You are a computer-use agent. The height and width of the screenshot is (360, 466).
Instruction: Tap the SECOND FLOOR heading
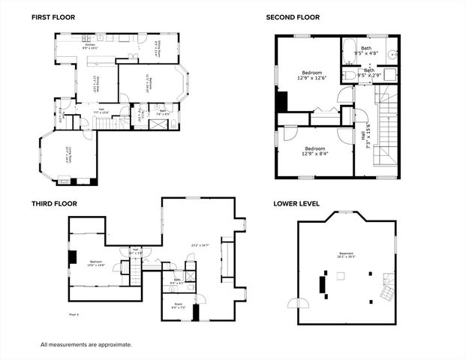[x=293, y=16]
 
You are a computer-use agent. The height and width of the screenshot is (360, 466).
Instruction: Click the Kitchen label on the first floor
[x=90, y=46]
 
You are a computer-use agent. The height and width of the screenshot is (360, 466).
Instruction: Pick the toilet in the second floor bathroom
[x=351, y=75]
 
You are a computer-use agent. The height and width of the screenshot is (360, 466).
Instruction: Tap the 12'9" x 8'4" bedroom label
[x=314, y=151]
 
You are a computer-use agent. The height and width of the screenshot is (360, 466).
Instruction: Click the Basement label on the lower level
[x=346, y=255]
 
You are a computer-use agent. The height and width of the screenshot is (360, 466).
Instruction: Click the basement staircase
[x=386, y=289]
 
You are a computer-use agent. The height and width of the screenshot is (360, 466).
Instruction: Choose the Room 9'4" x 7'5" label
[x=178, y=305]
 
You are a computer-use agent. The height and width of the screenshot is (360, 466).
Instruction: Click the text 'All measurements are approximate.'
[x=86, y=344]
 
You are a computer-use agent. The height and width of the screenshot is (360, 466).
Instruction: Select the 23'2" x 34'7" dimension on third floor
[x=200, y=245]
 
